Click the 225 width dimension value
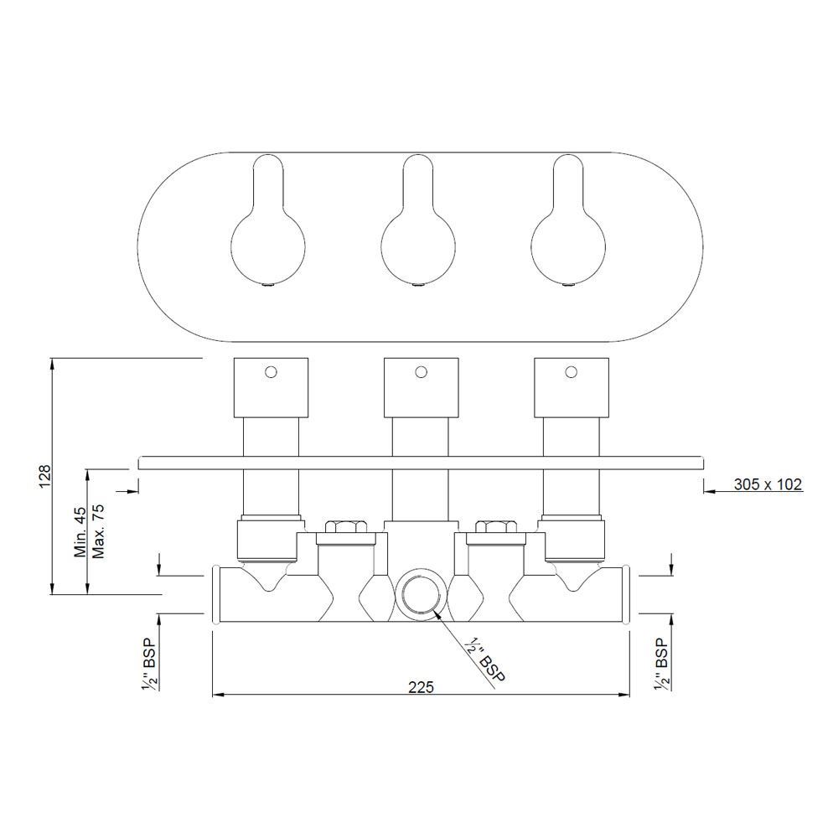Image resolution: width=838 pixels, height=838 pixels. pyautogui.click(x=421, y=686)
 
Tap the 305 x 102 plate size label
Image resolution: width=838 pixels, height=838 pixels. pyautogui.click(x=768, y=484)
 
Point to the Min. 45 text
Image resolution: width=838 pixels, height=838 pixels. pyautogui.click(x=80, y=531)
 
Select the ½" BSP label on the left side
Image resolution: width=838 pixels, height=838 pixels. pyautogui.click(x=150, y=663)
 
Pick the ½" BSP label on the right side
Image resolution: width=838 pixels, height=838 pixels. pyautogui.click(x=660, y=663)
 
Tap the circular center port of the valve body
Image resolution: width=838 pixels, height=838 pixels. pyautogui.click(x=416, y=595)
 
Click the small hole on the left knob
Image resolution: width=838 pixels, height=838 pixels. pyautogui.click(x=270, y=371)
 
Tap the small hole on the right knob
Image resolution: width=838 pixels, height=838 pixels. pyautogui.click(x=572, y=371)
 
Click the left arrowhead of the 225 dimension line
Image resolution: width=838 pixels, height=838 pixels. pyautogui.click(x=215, y=695)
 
